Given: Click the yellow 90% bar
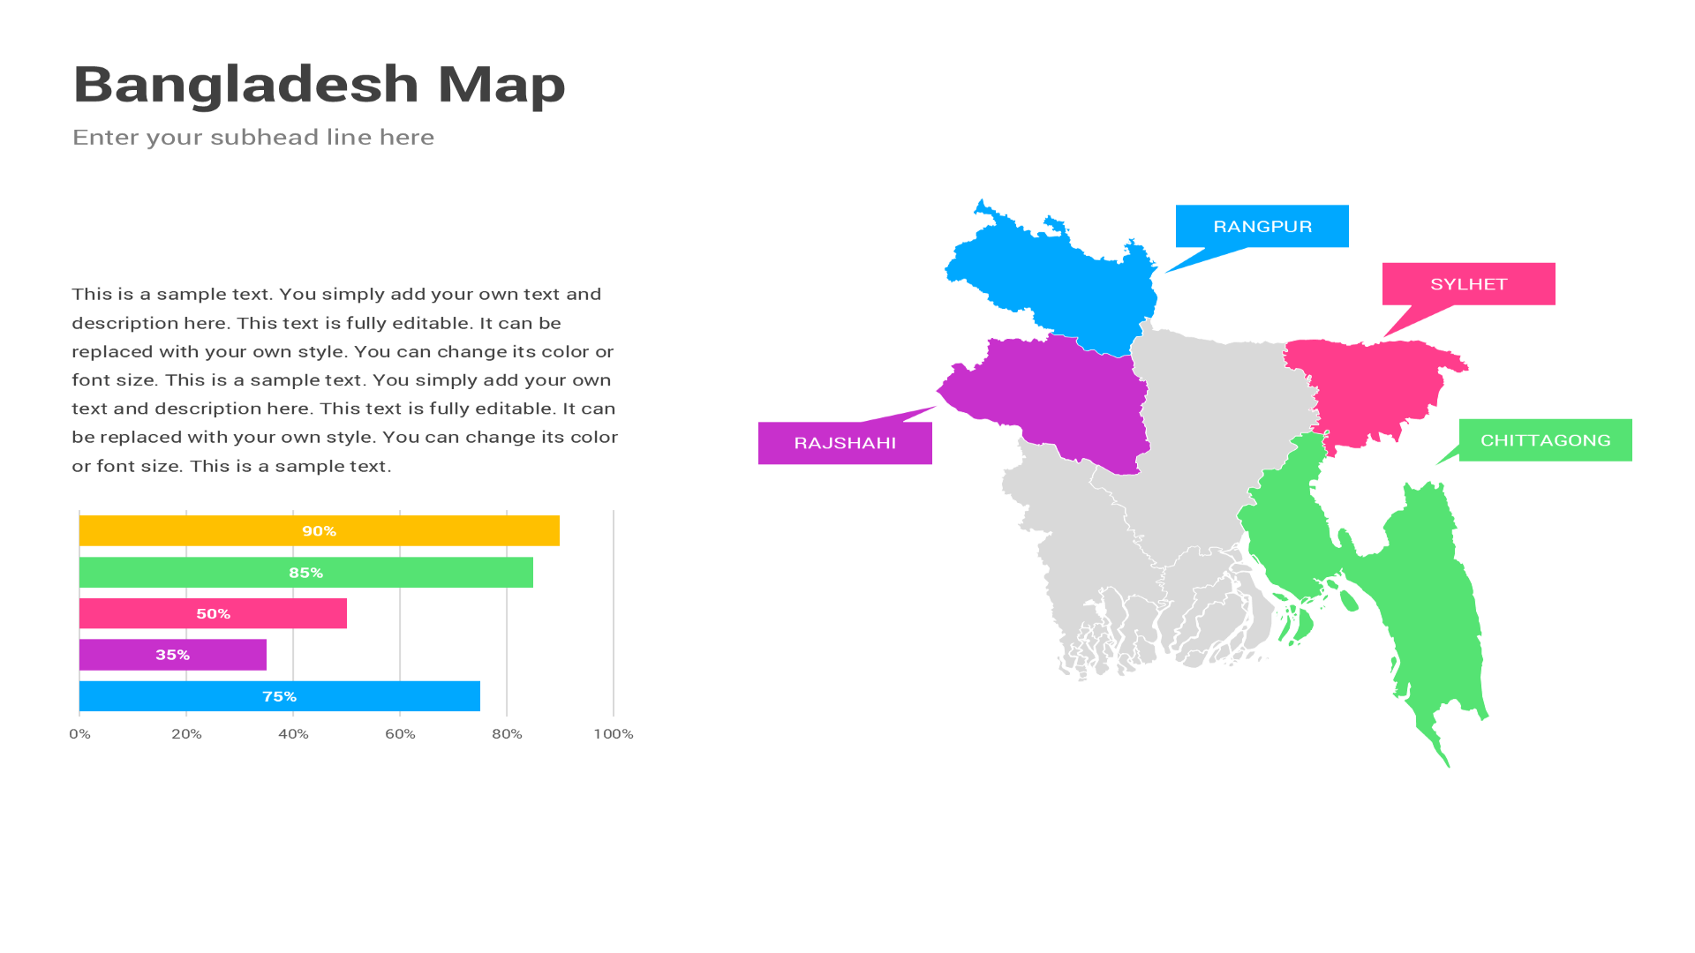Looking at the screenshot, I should coord(319,530).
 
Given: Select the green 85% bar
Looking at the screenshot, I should coord(305,572).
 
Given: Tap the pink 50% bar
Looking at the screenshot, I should coord(213,613).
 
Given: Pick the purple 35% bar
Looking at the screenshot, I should coord(172,655).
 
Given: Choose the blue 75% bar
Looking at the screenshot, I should coord(279,696).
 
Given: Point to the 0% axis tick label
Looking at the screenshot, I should coord(79,734).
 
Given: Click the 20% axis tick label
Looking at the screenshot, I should coord(186,734).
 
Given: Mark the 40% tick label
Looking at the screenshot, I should coord(293,734).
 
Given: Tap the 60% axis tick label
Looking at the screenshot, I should coord(400,734).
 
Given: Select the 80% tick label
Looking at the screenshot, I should coord(507,734).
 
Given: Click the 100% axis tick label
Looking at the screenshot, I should coord(613,734).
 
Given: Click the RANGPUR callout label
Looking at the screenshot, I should coord(1262,227).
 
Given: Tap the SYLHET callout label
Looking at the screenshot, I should coord(1468,284).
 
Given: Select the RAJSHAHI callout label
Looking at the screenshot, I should coord(845,443).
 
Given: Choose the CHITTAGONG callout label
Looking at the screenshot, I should coord(1545,440).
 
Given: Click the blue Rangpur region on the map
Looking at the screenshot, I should coord(1059,282).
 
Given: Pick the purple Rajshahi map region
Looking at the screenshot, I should coord(1059,397).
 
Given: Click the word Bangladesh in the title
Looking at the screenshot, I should coord(245,85).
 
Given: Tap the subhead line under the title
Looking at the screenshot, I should coord(253,138).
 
